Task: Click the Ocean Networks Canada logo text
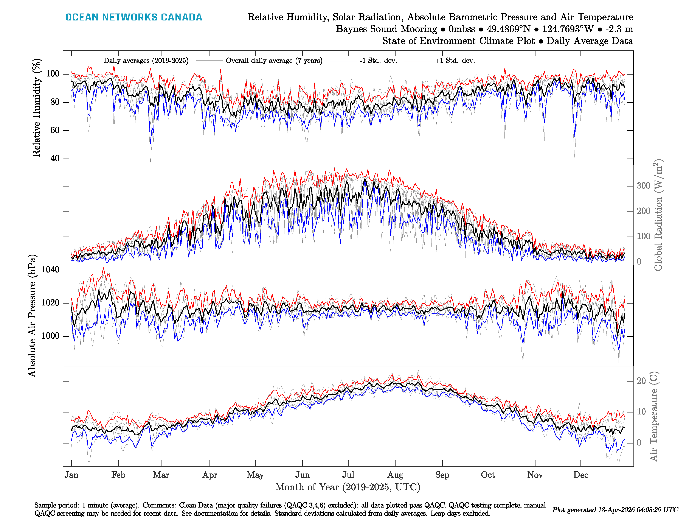134,17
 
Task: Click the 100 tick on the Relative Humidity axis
53,74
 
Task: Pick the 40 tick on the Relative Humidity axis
55,158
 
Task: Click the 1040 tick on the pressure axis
50,269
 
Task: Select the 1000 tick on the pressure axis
50,336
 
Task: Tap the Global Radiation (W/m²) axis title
658,215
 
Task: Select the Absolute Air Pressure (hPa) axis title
32,316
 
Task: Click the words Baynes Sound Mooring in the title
386,29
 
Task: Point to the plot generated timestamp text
615,509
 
